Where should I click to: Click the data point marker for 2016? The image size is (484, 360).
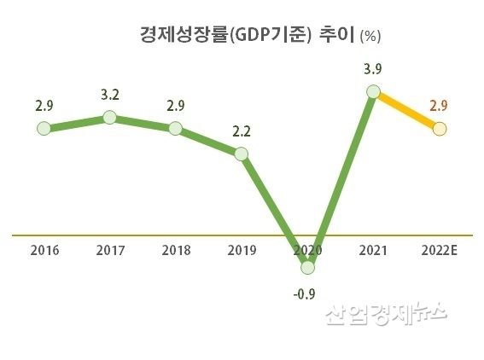coord(44,129)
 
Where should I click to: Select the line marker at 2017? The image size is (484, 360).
coord(109,117)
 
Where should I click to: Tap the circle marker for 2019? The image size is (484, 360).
coord(242,154)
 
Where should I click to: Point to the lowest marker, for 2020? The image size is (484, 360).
coord(307,267)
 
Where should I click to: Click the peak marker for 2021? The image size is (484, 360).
coord(373,90)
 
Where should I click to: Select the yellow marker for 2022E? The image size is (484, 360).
coord(439,129)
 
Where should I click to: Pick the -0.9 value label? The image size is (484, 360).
coord(306,295)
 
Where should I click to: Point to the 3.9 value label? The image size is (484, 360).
coord(373,67)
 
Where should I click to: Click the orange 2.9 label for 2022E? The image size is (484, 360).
coord(439,106)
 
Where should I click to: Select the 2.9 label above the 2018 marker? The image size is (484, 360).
coord(175,106)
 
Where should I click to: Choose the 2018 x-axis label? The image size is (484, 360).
coord(175,250)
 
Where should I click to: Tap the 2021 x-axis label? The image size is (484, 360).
coord(373,250)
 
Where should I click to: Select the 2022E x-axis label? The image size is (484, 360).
coord(439,250)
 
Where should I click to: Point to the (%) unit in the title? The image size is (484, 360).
coord(370,36)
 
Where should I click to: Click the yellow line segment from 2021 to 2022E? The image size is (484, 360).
coord(406,110)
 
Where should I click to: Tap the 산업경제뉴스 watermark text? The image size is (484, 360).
coord(386,316)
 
